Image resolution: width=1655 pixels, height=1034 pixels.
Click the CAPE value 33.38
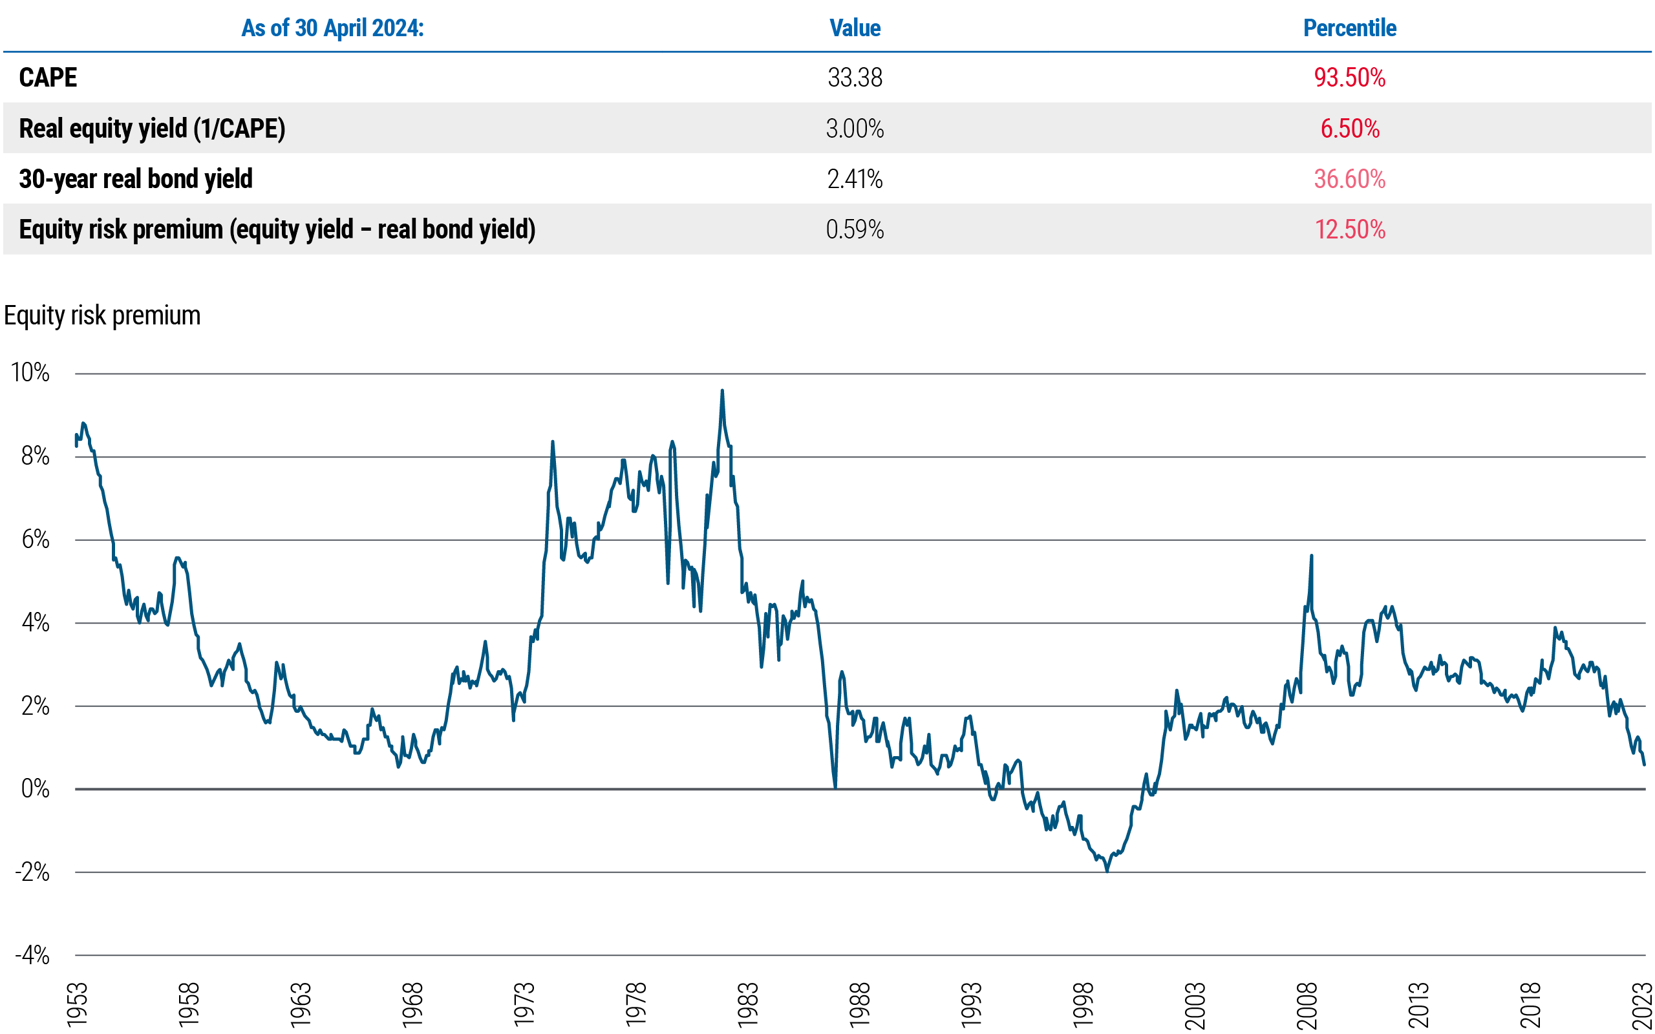(x=855, y=78)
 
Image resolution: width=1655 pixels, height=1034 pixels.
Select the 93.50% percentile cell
(x=1349, y=78)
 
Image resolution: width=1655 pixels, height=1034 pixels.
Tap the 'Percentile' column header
(x=1349, y=28)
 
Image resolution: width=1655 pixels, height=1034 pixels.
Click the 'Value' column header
(x=855, y=28)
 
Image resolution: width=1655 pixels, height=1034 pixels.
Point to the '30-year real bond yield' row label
(x=135, y=178)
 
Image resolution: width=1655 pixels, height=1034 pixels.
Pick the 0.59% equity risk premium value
(x=855, y=229)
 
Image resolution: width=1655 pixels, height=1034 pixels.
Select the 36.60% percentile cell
(x=1349, y=178)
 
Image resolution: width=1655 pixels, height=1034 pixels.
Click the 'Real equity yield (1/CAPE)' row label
(x=152, y=129)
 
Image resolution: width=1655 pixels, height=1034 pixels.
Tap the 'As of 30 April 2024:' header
(x=332, y=28)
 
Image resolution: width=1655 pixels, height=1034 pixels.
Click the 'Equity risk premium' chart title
(x=102, y=315)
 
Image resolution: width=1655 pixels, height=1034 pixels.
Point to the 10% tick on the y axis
(x=30, y=373)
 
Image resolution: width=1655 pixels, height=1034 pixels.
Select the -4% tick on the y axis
(x=32, y=955)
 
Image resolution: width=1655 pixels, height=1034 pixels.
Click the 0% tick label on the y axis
(x=35, y=788)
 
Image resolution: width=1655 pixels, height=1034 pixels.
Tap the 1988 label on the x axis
(x=859, y=1004)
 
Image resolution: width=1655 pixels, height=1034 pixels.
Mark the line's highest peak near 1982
(x=722, y=391)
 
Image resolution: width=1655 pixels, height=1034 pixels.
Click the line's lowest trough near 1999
(x=1107, y=870)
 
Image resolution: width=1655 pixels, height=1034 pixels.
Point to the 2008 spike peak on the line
(x=1312, y=556)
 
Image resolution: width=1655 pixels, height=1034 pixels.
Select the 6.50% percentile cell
(x=1349, y=129)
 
